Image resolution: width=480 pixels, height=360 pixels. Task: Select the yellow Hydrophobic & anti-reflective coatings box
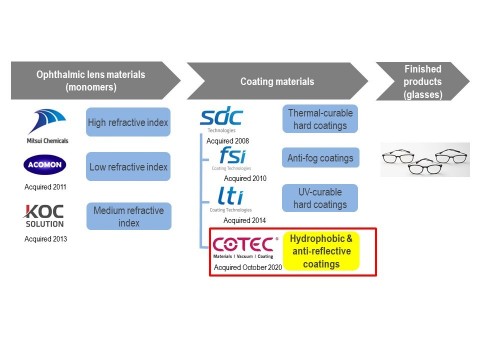coord(322,251)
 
